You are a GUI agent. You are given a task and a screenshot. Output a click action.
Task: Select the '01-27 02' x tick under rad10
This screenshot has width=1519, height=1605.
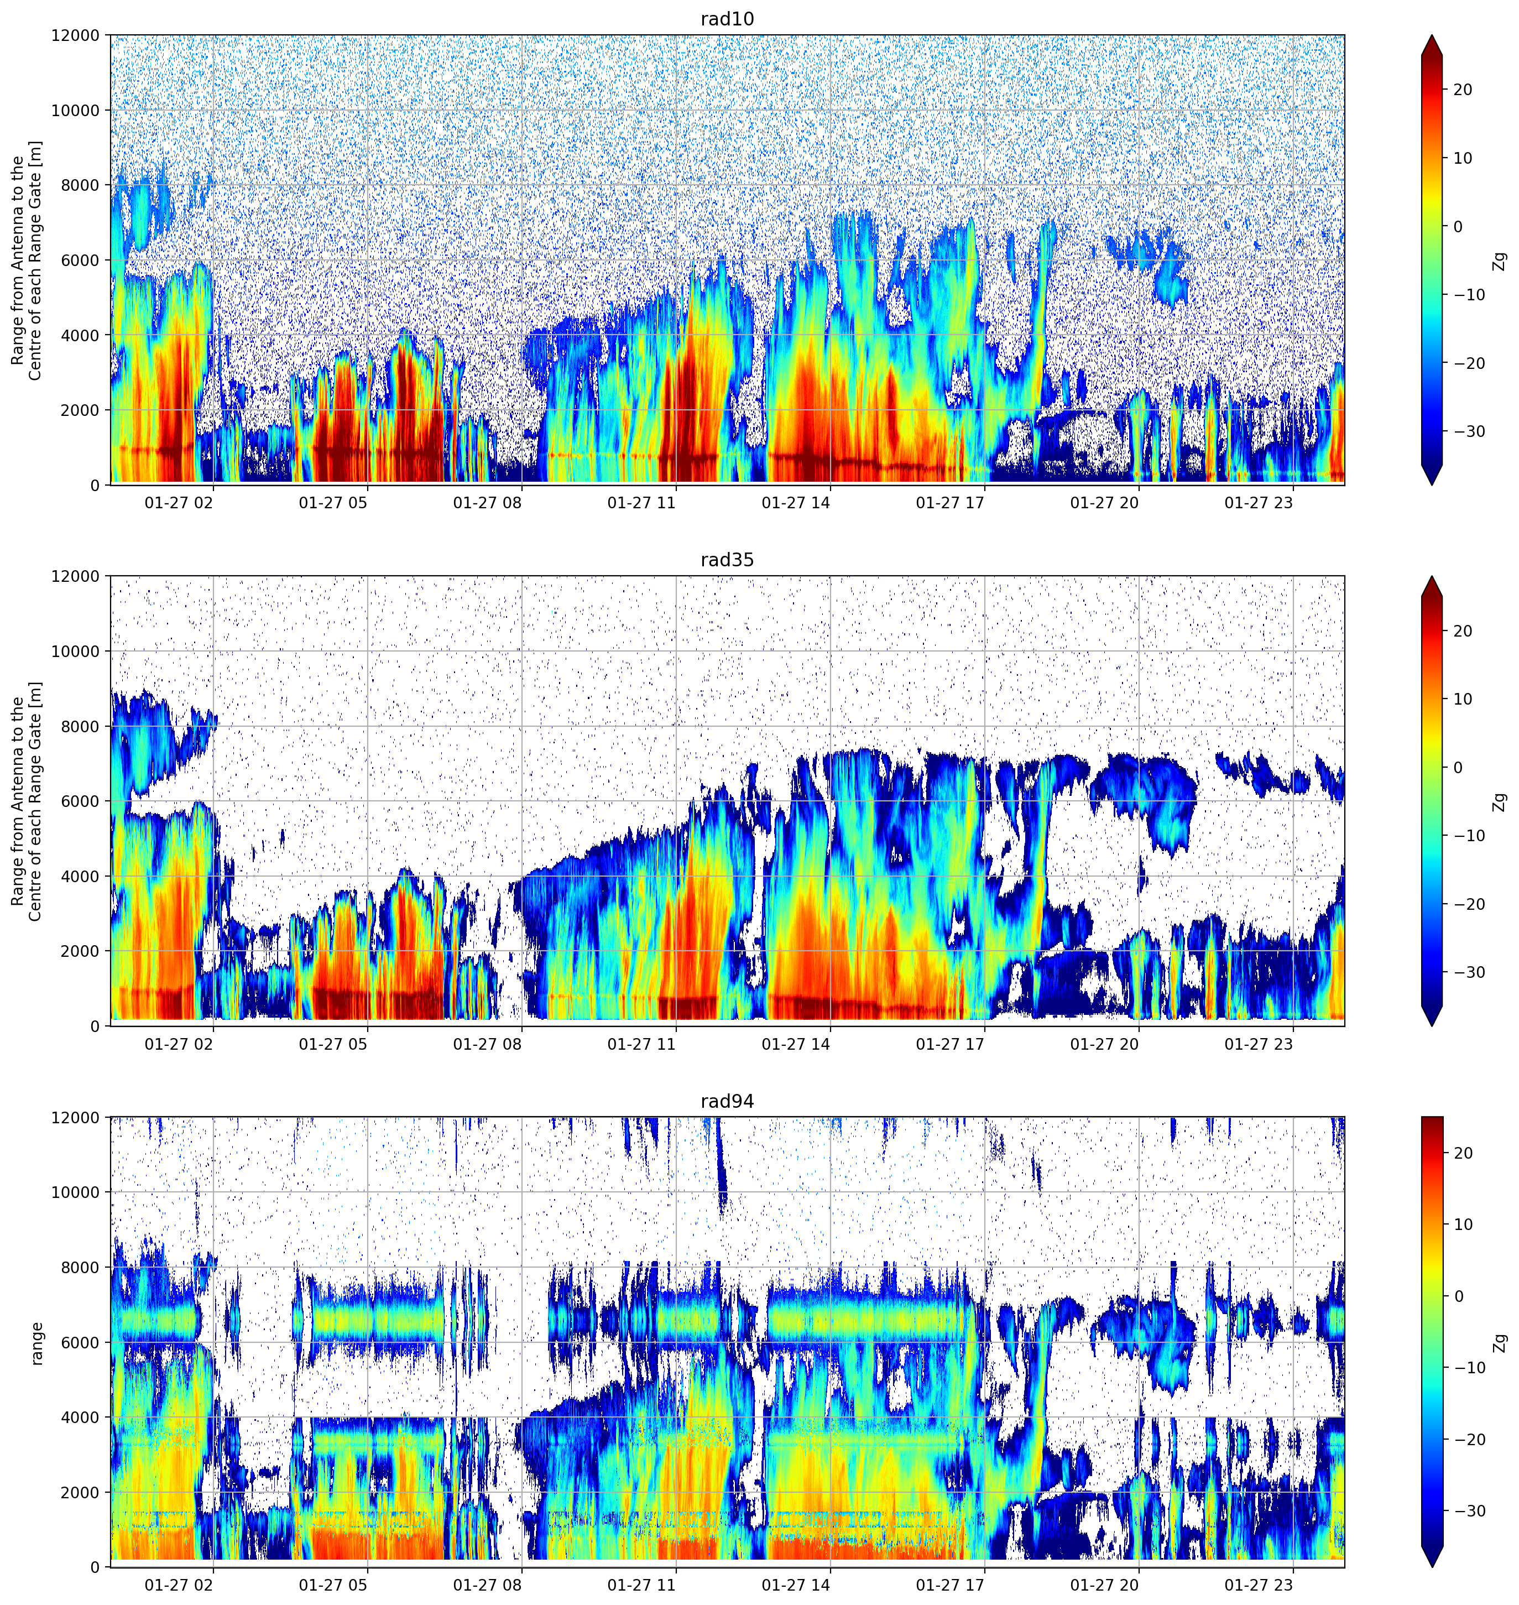pyautogui.click(x=179, y=503)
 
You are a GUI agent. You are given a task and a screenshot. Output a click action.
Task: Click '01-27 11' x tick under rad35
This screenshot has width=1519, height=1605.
pyautogui.click(x=641, y=1044)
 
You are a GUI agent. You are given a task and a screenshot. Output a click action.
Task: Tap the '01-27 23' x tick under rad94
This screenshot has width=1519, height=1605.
pyautogui.click(x=1259, y=1585)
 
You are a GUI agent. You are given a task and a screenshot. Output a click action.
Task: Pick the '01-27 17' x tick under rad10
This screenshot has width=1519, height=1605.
pyautogui.click(x=950, y=503)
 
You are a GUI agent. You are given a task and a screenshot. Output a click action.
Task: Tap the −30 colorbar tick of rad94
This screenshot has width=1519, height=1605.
pyautogui.click(x=1469, y=1511)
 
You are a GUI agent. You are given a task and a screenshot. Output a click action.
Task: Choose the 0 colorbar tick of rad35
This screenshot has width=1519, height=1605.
pyautogui.click(x=1458, y=768)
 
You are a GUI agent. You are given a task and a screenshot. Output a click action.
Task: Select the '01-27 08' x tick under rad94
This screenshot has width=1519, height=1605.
pyautogui.click(x=488, y=1585)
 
